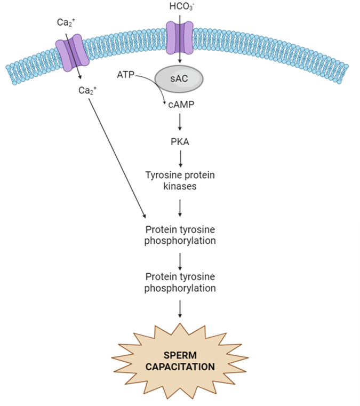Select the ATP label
point(126,76)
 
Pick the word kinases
point(181,186)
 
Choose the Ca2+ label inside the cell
point(86,90)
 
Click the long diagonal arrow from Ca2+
point(118,155)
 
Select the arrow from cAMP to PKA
point(181,123)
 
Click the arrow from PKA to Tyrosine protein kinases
point(181,158)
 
